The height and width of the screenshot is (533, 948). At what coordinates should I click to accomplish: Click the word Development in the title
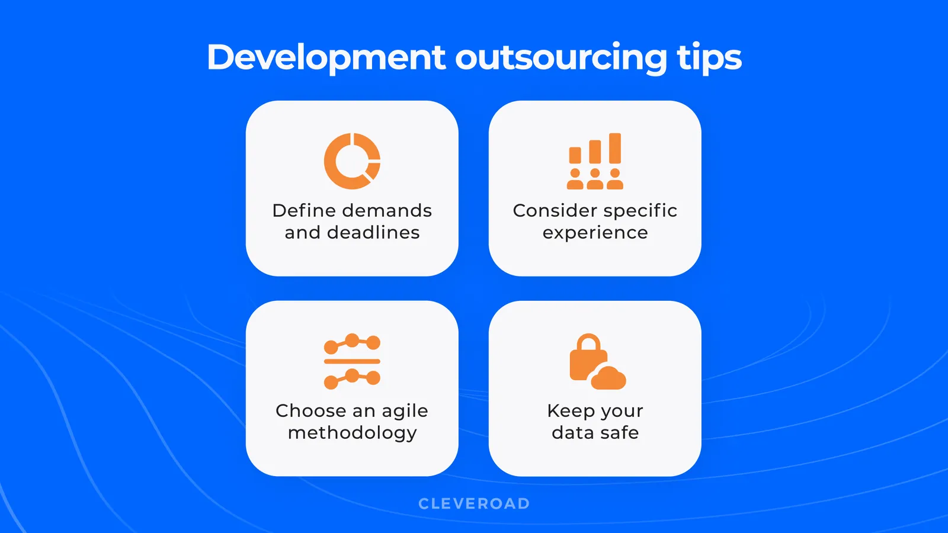click(326, 58)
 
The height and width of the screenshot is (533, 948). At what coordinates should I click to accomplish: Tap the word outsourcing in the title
click(561, 58)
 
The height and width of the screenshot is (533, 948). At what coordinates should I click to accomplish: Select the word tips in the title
click(709, 58)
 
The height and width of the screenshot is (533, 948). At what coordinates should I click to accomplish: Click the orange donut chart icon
click(352, 161)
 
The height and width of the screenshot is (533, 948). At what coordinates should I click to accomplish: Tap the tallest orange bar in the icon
click(615, 148)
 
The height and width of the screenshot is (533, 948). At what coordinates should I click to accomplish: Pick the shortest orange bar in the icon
click(575, 155)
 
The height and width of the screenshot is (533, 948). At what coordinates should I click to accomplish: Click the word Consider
click(555, 210)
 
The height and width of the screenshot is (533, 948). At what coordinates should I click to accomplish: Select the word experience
click(595, 233)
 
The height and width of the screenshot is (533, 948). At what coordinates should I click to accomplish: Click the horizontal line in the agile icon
click(352, 361)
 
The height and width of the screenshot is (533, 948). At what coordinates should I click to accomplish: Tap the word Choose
click(310, 410)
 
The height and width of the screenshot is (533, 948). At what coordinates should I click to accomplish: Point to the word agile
click(405, 411)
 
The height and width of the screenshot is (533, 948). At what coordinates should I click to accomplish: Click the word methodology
click(352, 433)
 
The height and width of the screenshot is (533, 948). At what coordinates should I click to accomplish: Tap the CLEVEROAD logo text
click(474, 503)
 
